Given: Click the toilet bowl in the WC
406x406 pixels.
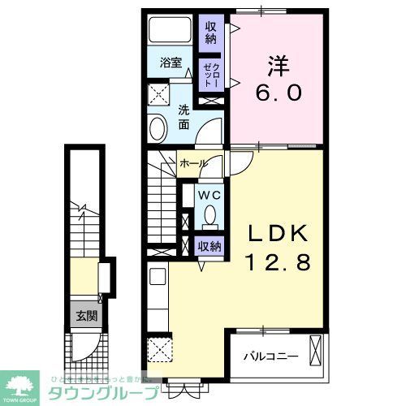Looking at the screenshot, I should click(x=209, y=216).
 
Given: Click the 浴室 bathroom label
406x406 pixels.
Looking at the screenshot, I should click(x=168, y=62).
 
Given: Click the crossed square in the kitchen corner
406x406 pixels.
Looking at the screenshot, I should click(x=160, y=352).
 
